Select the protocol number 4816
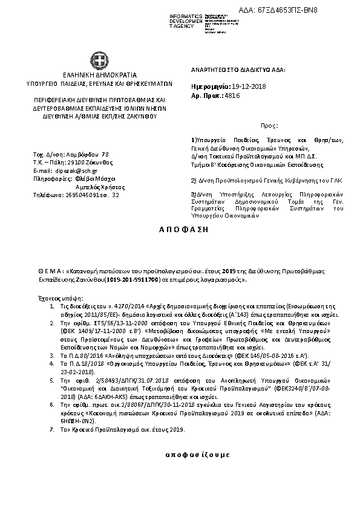(x=231, y=96)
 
